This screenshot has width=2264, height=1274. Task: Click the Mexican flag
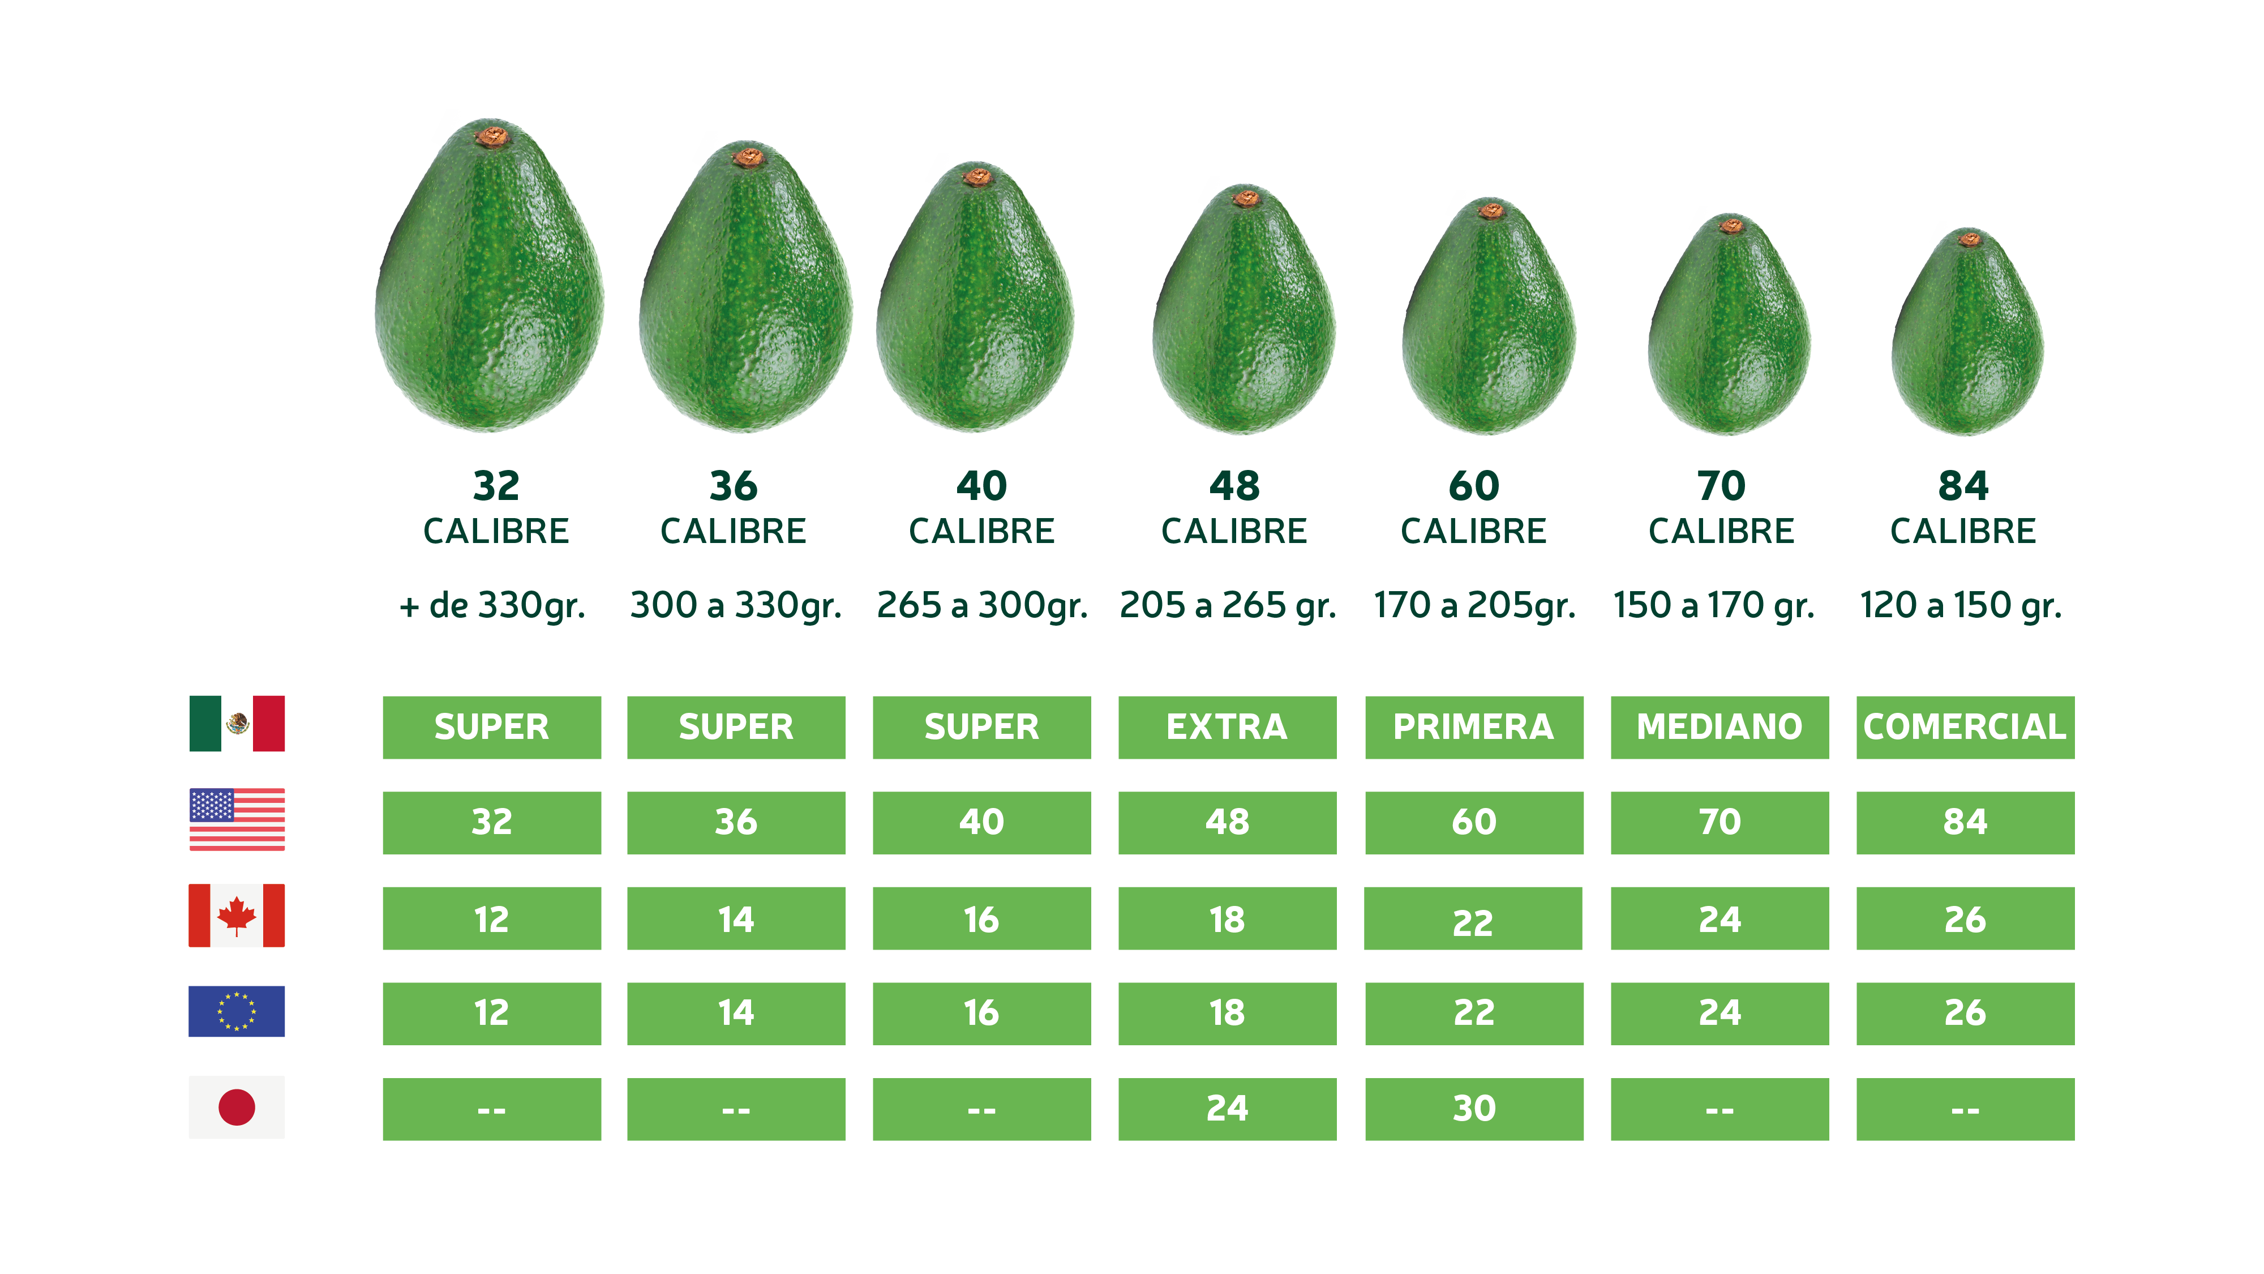tap(237, 724)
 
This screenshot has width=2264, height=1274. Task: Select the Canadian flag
tap(237, 915)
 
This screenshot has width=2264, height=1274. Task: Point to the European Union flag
tap(237, 1011)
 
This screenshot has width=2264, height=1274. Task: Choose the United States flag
tap(237, 819)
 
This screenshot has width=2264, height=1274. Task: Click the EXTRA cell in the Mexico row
tap(1227, 727)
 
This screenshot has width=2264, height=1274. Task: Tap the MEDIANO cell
tap(1719, 727)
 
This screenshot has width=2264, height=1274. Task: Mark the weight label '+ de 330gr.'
tap(492, 606)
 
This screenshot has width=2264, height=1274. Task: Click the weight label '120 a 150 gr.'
tap(1961, 606)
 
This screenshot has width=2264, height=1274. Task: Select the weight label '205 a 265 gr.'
tap(1228, 606)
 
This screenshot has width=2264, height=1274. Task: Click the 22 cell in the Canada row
tap(1473, 920)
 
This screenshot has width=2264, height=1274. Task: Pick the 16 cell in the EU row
tap(981, 1013)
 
